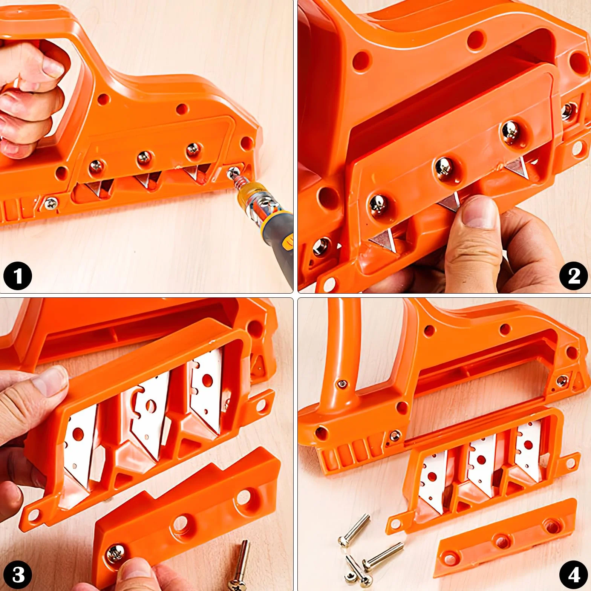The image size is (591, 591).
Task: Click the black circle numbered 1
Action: [x=17, y=276]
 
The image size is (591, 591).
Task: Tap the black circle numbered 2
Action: [x=573, y=276]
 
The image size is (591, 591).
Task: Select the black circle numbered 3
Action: [x=17, y=574]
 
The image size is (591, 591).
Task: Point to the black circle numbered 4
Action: [x=573, y=574]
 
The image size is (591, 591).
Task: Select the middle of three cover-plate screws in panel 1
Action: [x=144, y=158]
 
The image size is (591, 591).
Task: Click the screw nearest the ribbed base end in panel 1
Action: [x=51, y=204]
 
